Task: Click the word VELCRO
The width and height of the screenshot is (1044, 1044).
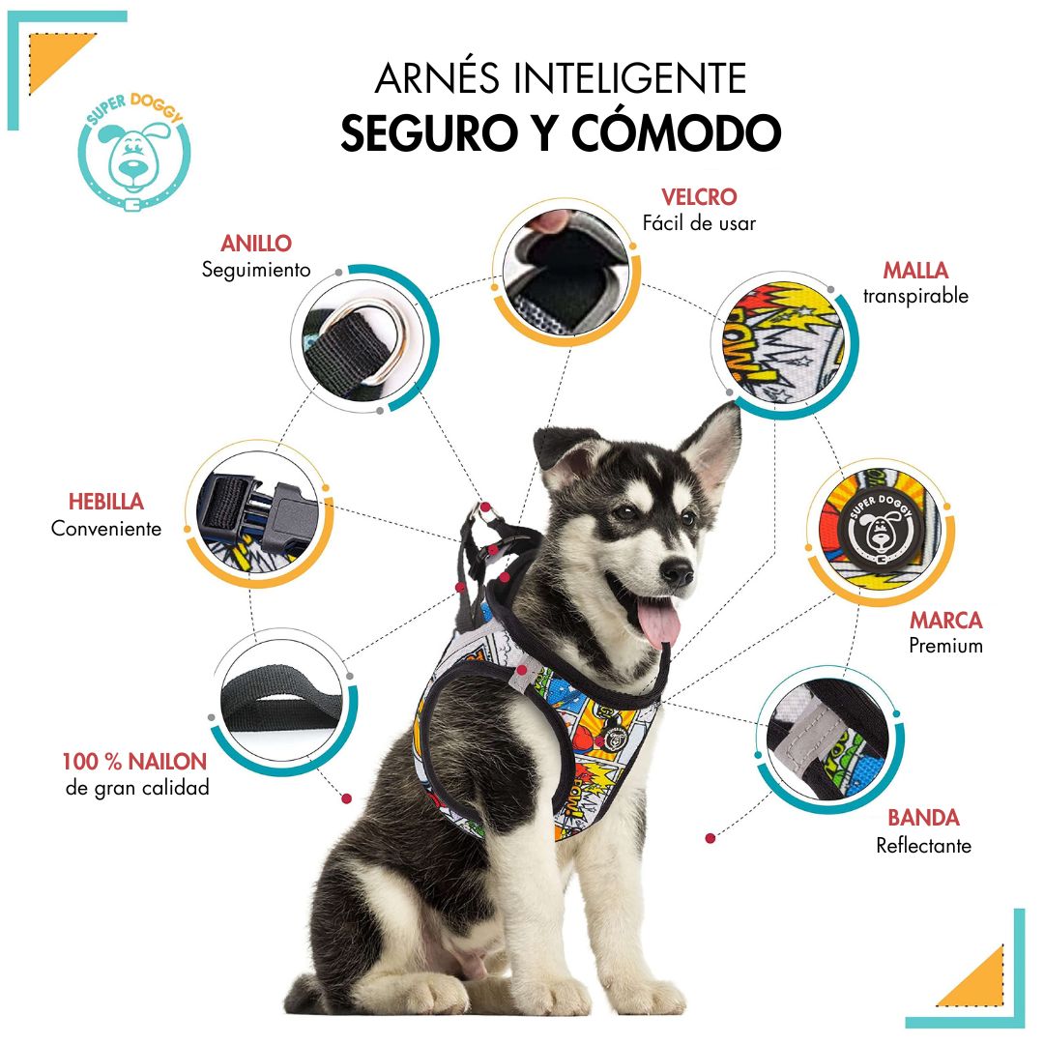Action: pyautogui.click(x=699, y=197)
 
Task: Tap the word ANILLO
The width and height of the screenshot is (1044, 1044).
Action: pyautogui.click(x=256, y=243)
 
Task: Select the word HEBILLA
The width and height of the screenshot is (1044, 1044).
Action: pyautogui.click(x=106, y=502)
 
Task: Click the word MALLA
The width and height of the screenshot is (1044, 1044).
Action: pyautogui.click(x=915, y=270)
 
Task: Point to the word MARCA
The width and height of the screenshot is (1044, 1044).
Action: pyautogui.click(x=946, y=620)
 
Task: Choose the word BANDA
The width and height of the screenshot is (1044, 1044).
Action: pyautogui.click(x=923, y=818)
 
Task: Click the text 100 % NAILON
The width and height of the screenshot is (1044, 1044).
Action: pyautogui.click(x=134, y=761)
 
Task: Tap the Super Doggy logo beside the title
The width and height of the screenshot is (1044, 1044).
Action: pyautogui.click(x=134, y=153)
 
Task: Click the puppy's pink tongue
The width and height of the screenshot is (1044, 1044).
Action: pyautogui.click(x=658, y=622)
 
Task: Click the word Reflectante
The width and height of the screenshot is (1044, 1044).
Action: pyautogui.click(x=923, y=846)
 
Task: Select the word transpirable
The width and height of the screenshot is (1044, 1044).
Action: pyautogui.click(x=915, y=296)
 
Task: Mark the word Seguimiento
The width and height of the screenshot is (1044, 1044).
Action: pyautogui.click(x=256, y=270)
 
